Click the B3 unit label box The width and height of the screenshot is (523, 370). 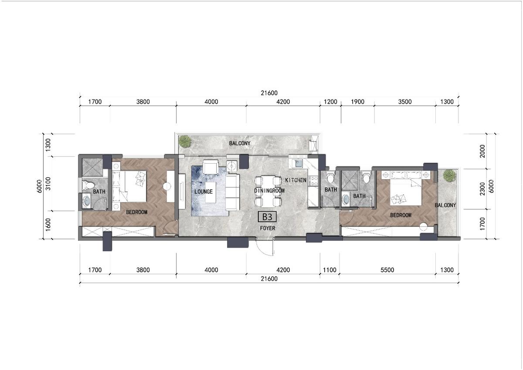pyautogui.click(x=267, y=217)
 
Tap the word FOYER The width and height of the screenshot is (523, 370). pyautogui.click(x=267, y=228)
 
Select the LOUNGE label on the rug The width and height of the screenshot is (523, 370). pyautogui.click(x=204, y=192)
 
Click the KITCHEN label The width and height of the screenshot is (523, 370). pyautogui.click(x=296, y=180)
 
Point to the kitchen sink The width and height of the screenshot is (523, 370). pyautogui.click(x=298, y=164)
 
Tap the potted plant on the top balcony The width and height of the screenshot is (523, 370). pyautogui.click(x=185, y=141)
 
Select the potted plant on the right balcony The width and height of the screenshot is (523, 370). pyautogui.click(x=448, y=175)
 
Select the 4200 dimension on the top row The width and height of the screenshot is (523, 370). pyautogui.click(x=283, y=102)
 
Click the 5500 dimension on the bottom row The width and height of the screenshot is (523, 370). pyautogui.click(x=387, y=270)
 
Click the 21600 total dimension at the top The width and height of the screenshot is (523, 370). pyautogui.click(x=269, y=93)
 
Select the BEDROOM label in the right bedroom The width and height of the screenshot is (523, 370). pyautogui.click(x=401, y=215)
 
